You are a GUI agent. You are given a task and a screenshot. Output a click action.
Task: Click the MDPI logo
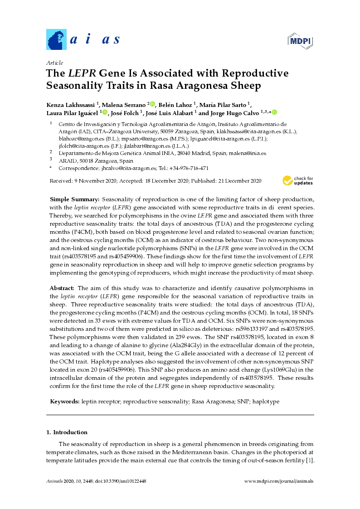click(300, 41)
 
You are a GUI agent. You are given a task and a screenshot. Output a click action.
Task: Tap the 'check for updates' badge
click(297, 180)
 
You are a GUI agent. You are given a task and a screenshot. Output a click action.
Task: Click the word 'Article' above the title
click(55, 63)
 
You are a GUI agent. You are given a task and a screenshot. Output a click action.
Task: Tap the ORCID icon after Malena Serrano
click(152, 104)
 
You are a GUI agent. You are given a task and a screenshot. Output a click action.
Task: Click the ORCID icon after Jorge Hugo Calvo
click(274, 112)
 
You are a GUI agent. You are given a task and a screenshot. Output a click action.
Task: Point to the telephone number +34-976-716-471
click(186, 168)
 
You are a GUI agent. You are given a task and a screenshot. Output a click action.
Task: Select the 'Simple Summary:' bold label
click(74, 199)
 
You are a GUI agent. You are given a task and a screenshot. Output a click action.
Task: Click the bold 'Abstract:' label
click(63, 288)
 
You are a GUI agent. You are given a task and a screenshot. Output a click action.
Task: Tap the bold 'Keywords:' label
click(65, 402)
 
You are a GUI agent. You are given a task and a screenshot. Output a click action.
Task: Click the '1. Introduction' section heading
click(67, 432)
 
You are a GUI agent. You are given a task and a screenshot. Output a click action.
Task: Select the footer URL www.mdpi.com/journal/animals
click(278, 481)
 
